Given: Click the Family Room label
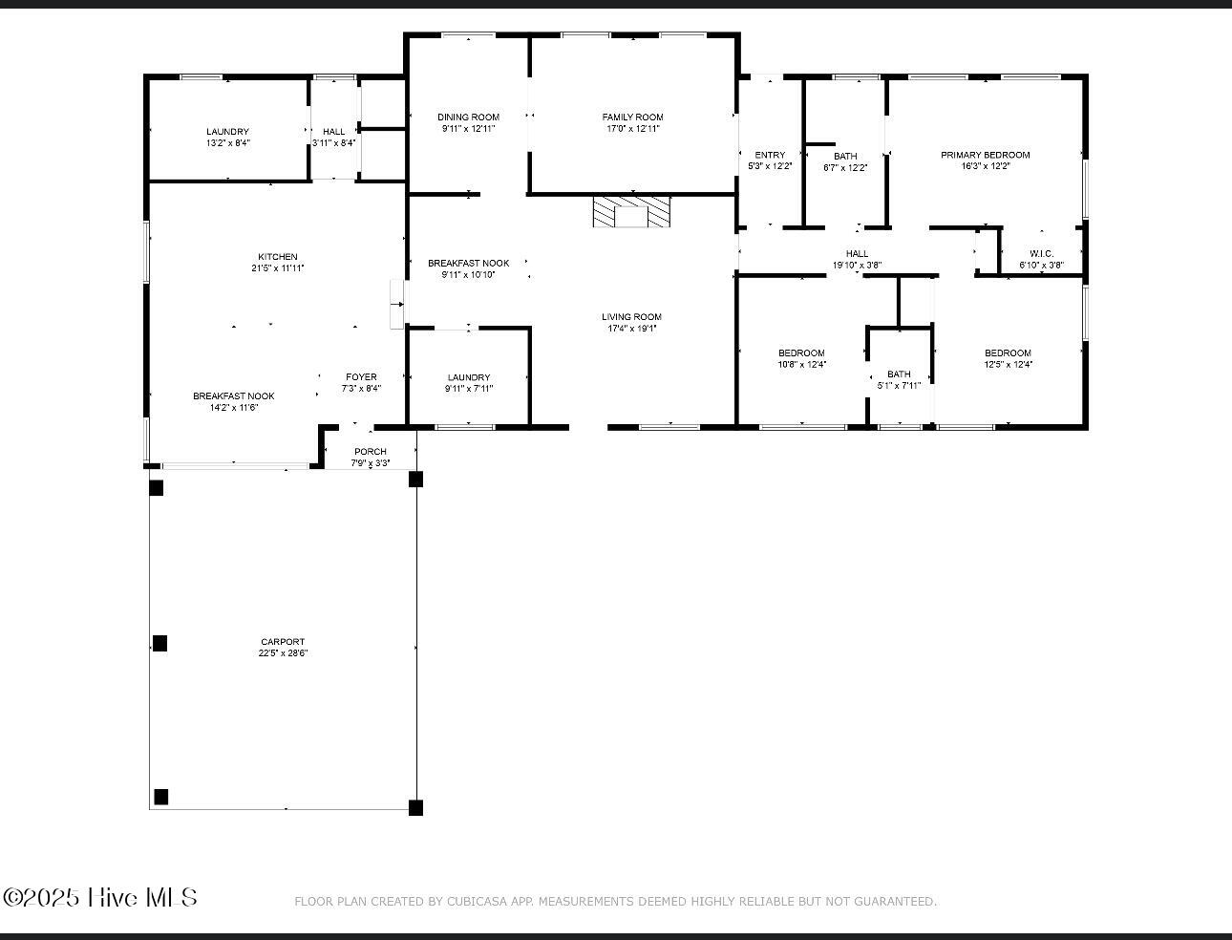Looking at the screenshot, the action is click(632, 117).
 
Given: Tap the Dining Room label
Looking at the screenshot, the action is click(469, 117).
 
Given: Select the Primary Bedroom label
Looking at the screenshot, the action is click(985, 155).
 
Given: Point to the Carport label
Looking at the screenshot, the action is click(283, 641).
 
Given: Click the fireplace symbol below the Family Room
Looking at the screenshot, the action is click(631, 211).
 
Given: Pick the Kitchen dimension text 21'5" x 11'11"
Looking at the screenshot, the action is click(278, 268).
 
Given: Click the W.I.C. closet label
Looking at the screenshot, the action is click(1042, 254).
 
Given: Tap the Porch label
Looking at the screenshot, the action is click(371, 452).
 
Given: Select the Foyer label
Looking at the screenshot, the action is click(361, 377).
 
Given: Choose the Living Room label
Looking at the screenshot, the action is click(632, 317).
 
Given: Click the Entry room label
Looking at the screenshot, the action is click(770, 155).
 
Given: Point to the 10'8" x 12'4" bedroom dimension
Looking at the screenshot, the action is click(801, 364).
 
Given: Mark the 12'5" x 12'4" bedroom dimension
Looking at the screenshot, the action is click(1009, 364).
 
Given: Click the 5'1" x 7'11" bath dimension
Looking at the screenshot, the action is click(899, 386).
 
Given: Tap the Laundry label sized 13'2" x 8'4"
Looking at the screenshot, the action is click(228, 132).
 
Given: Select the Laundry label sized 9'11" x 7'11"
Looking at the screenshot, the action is click(469, 377).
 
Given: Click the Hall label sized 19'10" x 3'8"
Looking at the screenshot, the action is click(857, 254).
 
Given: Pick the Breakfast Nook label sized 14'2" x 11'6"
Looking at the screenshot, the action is click(234, 396).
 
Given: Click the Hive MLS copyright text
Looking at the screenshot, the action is click(100, 897).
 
